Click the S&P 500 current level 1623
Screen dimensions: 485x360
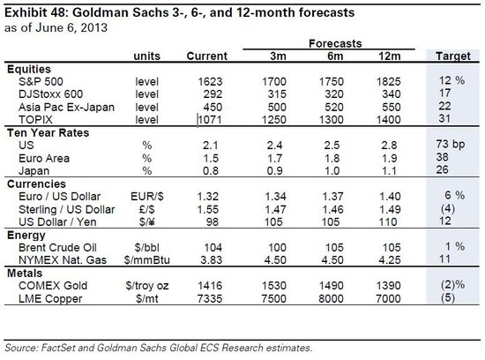point(210,81)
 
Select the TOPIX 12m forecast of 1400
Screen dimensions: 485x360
point(389,119)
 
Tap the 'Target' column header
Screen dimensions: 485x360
point(453,56)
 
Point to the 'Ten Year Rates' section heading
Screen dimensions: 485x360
point(48,133)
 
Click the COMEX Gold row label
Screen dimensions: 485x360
point(53,286)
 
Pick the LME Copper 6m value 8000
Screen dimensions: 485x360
point(331,299)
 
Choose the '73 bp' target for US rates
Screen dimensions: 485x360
point(451,145)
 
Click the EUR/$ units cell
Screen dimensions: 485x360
point(147,196)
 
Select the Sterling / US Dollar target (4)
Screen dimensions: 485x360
point(448,209)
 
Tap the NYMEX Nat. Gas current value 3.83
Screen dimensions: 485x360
point(212,259)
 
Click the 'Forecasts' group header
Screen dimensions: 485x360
point(335,43)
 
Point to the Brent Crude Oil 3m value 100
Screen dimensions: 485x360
point(277,247)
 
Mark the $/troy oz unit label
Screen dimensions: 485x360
point(147,286)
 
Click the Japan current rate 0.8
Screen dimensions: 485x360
point(211,171)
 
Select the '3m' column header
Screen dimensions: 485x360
point(278,56)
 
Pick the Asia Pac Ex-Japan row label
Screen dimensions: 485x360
point(66,107)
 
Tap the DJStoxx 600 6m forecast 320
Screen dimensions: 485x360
point(334,94)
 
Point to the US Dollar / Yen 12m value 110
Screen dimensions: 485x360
point(388,222)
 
